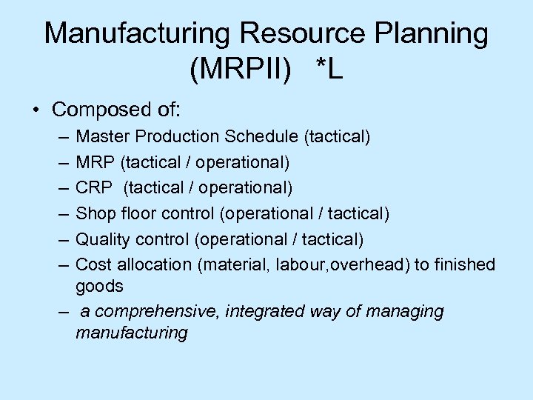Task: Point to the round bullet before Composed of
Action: pos(36,111)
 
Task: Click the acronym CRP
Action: pos(93,188)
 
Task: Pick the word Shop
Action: pos(93,214)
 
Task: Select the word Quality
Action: pos(103,239)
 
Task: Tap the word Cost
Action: pos(92,264)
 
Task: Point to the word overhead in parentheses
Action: pos(367,264)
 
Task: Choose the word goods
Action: pos(99,287)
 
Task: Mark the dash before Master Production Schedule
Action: pos(60,138)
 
